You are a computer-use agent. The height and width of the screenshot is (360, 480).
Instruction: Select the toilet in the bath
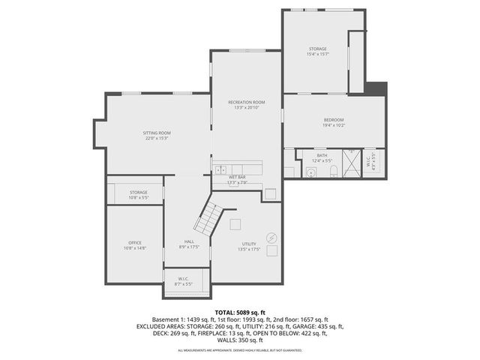click(334, 172)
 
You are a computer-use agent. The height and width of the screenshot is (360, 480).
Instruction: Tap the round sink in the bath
click(310, 172)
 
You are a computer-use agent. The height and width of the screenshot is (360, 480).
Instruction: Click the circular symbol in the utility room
click(271, 238)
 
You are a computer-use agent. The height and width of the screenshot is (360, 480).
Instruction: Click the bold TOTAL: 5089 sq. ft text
click(240, 311)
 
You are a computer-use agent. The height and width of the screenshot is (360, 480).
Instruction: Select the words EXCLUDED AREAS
click(162, 327)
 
